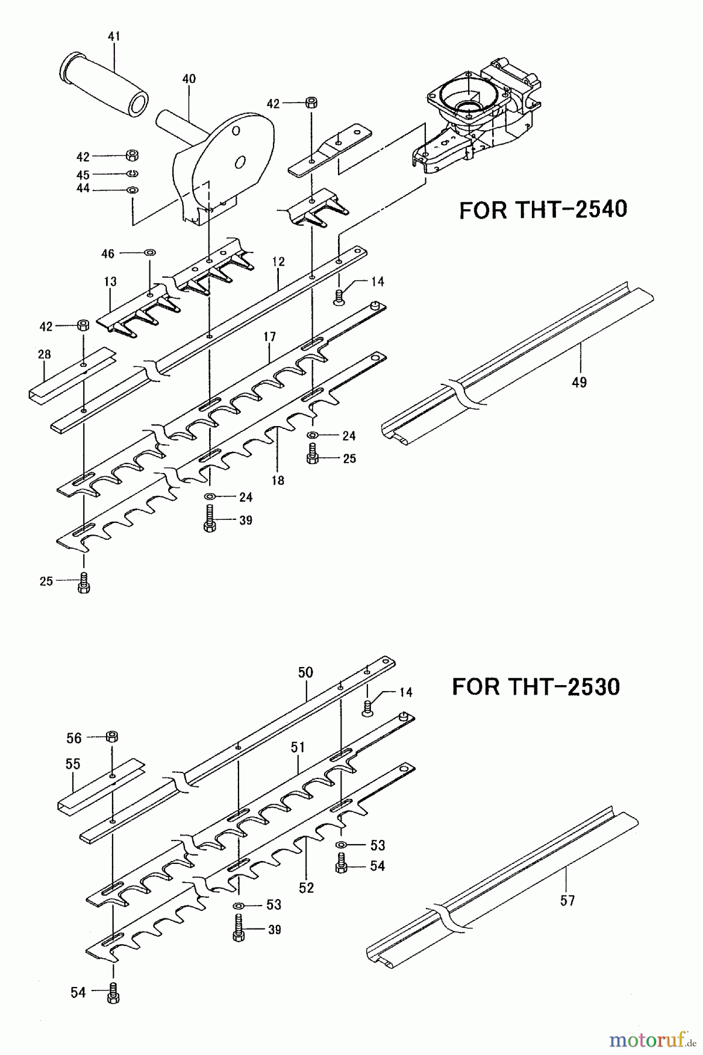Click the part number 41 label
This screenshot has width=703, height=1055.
coord(114,36)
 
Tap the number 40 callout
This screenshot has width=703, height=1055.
coord(189,79)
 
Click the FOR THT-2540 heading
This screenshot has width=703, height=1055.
coord(542,209)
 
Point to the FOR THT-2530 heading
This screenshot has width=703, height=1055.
coord(536,686)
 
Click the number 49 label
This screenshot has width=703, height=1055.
coord(579,382)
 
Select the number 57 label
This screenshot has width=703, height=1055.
coord(567,900)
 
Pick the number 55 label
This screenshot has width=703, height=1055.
coord(73,764)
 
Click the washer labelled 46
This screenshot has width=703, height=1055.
coord(149,253)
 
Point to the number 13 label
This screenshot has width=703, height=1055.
coord(111,281)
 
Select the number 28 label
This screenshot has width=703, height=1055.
coord(44,354)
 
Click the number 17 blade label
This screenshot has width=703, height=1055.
coord(269,336)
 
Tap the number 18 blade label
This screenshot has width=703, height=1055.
coord(278,480)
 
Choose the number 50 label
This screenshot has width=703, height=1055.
coord(306,672)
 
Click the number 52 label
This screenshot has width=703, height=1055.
coord(306,888)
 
